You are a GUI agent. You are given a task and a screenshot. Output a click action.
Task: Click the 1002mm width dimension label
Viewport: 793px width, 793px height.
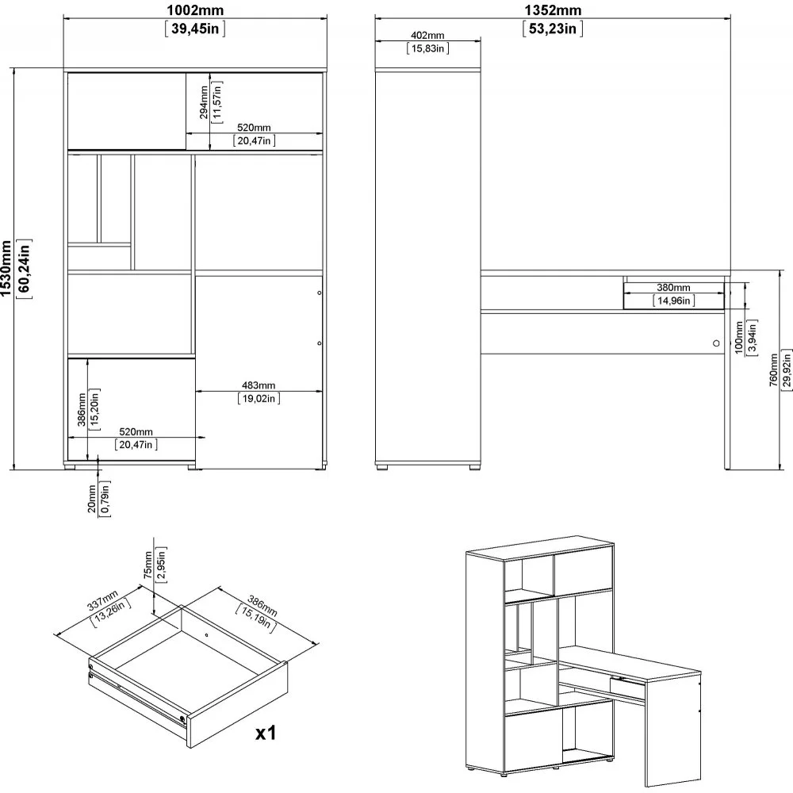click(x=195, y=10)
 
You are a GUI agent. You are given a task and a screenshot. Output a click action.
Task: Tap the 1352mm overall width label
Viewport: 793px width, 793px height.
click(x=553, y=10)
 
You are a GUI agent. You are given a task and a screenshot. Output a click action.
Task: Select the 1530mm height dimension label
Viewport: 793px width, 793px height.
click(x=6, y=269)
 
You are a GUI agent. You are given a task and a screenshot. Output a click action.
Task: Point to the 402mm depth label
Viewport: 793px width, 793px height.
click(x=427, y=36)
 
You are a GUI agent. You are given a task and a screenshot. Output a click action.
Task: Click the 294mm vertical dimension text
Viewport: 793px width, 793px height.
click(x=203, y=102)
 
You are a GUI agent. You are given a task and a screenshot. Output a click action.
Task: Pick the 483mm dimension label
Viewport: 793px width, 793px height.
click(x=259, y=385)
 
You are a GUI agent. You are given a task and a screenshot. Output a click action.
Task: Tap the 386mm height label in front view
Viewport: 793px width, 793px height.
click(x=82, y=410)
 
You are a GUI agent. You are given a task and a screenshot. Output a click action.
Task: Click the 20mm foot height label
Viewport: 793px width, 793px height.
click(x=92, y=499)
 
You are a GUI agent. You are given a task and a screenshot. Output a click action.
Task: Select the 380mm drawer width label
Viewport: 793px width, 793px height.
click(x=673, y=288)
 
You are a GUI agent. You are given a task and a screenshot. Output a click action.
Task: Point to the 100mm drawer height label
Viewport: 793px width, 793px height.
click(x=739, y=337)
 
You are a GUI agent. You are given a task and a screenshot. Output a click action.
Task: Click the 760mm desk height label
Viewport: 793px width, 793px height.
click(x=773, y=370)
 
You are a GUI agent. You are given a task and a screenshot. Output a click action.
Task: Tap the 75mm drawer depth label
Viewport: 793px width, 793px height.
click(x=147, y=565)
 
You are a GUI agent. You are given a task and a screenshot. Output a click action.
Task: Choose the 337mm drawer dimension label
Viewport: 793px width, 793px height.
click(x=102, y=600)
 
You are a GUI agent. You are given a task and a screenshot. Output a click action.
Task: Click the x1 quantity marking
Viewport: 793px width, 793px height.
click(x=266, y=733)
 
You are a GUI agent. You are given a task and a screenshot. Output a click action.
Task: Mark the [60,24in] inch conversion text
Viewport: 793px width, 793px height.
click(x=25, y=269)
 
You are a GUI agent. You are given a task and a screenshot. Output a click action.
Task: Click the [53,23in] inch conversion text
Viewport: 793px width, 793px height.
click(x=553, y=29)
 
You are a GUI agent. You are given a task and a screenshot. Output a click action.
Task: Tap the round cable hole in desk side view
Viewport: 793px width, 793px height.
click(x=716, y=343)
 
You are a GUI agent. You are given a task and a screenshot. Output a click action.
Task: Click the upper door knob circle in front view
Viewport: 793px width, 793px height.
click(x=319, y=293)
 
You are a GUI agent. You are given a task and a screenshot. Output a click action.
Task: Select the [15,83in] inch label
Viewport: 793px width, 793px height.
click(x=428, y=48)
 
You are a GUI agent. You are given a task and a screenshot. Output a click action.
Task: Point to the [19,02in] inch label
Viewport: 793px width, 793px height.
click(x=259, y=399)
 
